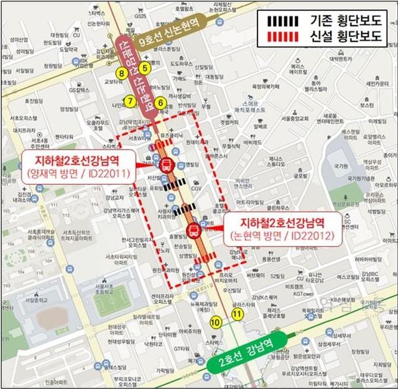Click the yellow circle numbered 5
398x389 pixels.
point(145,68)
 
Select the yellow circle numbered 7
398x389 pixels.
point(129,101)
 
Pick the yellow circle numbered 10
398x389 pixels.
point(216,322)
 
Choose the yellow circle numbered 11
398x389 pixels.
point(237,314)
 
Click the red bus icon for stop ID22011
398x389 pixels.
point(167,165)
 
